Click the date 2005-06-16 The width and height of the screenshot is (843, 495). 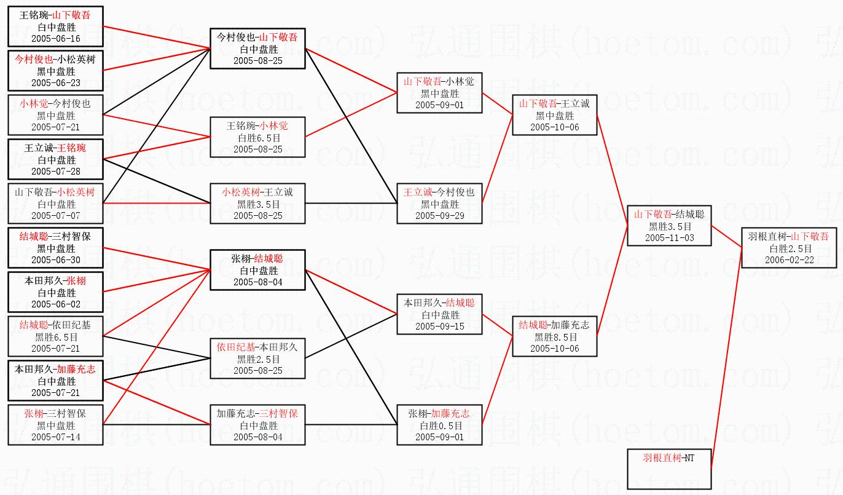[x=56, y=39]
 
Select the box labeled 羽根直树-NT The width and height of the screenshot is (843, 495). [x=669, y=469]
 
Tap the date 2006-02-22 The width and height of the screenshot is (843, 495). [x=789, y=260]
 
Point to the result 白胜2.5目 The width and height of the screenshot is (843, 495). [x=789, y=249]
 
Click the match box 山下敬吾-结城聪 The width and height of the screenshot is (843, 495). [x=669, y=225]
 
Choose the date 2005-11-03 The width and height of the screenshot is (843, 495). [x=669, y=237]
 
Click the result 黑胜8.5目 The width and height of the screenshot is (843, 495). [x=554, y=337]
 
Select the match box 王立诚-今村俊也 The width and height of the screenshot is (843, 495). [x=439, y=203]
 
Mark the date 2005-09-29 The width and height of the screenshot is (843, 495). [x=439, y=216]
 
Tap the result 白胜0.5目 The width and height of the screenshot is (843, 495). [x=439, y=426]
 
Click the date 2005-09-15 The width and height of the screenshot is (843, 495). [x=439, y=327]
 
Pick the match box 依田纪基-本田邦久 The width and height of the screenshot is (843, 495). [x=257, y=358]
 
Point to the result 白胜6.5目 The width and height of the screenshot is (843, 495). [x=257, y=138]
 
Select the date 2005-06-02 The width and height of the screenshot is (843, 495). [x=56, y=304]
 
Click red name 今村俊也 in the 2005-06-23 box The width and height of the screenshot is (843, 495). [x=33, y=60]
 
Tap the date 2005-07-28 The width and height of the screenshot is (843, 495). [x=56, y=172]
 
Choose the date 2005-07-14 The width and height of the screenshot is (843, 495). [x=56, y=437]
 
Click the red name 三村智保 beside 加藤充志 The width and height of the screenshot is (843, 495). [x=278, y=414]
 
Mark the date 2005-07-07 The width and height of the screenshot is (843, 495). [x=56, y=216]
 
